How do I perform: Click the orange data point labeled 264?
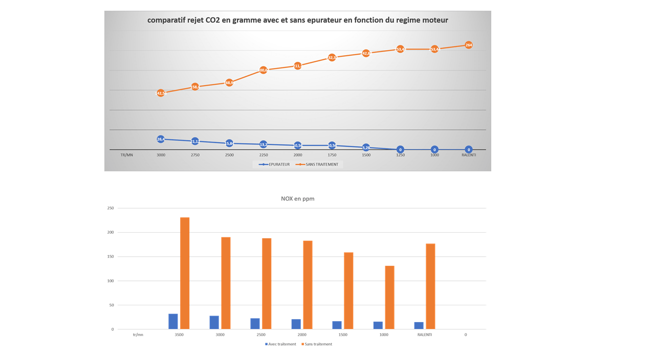[x=469, y=45]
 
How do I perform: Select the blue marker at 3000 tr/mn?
[x=161, y=139]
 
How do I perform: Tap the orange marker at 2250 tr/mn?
[x=263, y=70]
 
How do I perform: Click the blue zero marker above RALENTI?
[x=469, y=150]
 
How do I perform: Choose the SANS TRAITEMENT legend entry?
[x=318, y=164]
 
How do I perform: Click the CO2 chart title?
[x=297, y=20]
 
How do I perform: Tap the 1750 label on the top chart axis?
[x=332, y=155]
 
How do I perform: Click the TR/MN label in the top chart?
[x=126, y=155]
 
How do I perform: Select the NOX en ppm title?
[x=297, y=198]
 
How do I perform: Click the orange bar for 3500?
[x=185, y=273]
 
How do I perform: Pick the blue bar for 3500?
[x=173, y=321]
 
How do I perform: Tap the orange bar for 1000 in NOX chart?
[x=389, y=297]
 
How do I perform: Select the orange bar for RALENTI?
[x=430, y=286]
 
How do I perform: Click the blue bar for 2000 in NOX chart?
[x=296, y=324]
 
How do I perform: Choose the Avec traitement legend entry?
[x=280, y=344]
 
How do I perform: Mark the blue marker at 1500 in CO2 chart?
[x=366, y=148]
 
